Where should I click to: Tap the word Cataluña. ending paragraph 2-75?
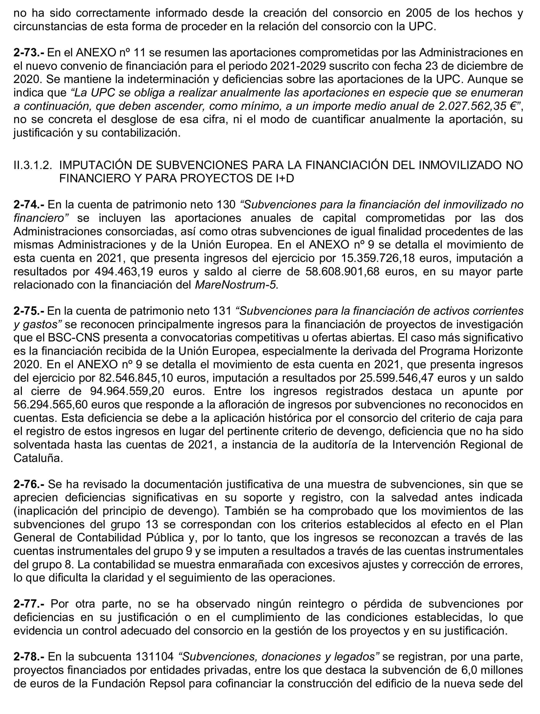(x=38, y=458)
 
